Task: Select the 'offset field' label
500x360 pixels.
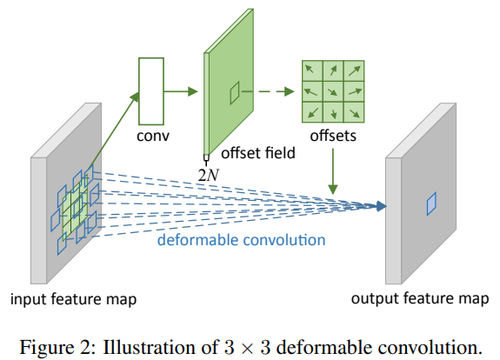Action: [258, 153]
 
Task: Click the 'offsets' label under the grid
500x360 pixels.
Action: [334, 137]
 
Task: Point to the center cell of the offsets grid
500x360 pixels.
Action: [334, 91]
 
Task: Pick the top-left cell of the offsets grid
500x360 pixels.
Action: [312, 70]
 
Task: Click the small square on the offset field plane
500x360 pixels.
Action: [234, 92]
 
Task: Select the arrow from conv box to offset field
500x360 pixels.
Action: [183, 90]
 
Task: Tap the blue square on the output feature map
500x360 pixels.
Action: [430, 203]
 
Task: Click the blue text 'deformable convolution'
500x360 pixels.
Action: [241, 240]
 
